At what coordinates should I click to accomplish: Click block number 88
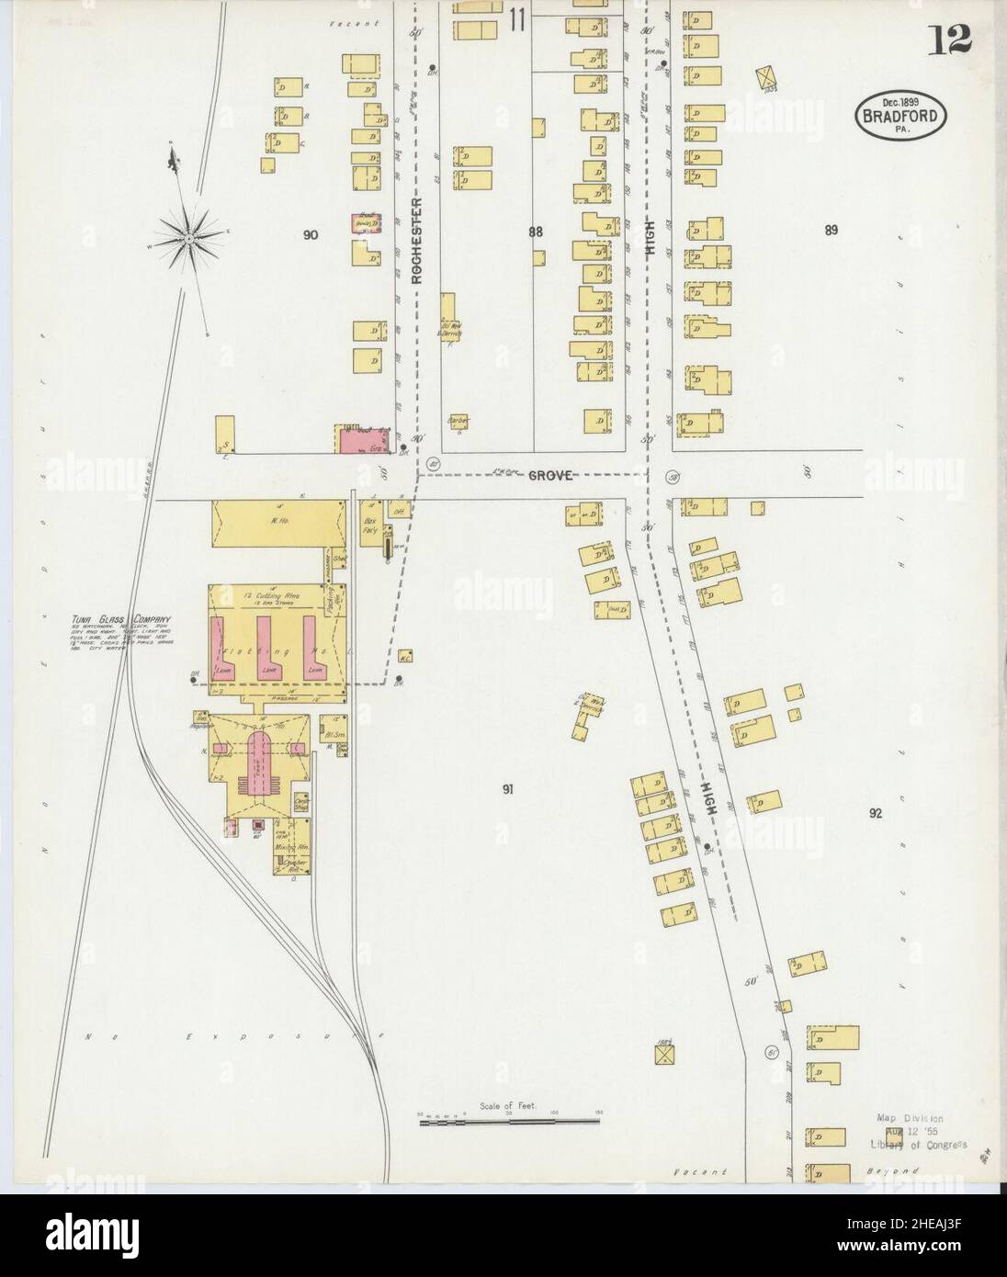(536, 232)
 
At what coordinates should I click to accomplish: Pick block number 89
(831, 231)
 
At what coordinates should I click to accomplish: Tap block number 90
(311, 235)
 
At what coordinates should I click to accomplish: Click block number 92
(875, 813)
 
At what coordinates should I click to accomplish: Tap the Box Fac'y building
(370, 529)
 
